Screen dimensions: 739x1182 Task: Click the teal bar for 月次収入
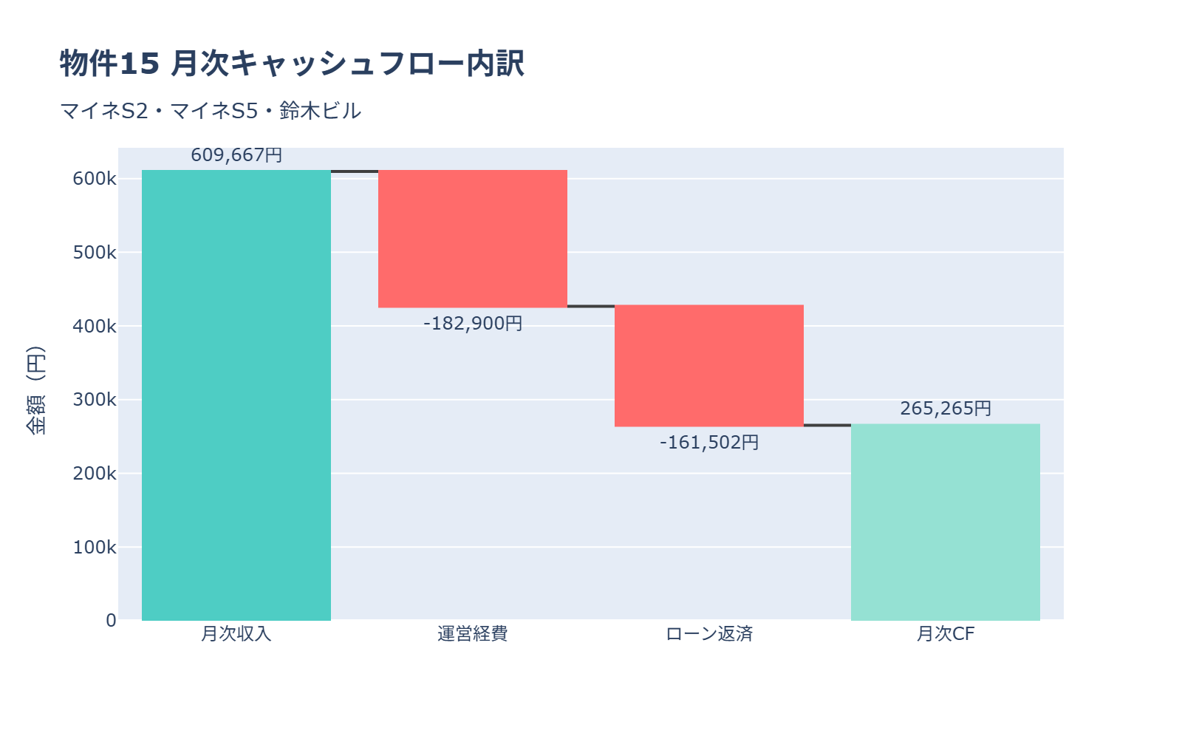[236, 395]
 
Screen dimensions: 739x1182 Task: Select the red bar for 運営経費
[473, 239]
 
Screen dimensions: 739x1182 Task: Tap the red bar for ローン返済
[709, 366]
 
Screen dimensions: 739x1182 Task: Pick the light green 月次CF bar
[946, 522]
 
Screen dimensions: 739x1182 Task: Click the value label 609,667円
[236, 155]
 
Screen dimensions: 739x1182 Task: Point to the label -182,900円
[473, 324]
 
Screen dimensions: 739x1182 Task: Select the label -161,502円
[709, 443]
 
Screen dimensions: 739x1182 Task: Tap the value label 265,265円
[946, 409]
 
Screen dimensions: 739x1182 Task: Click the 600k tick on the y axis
[95, 179]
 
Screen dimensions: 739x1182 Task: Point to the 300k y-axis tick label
[95, 400]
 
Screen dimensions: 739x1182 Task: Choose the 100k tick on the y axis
[95, 548]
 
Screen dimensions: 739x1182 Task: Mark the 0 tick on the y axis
[111, 621]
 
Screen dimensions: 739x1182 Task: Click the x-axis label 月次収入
[236, 634]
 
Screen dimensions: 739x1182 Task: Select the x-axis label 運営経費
[473, 634]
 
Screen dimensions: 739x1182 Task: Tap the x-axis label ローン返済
[709, 634]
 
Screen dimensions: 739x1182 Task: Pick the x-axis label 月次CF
[946, 634]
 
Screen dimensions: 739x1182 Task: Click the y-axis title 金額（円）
[35, 390]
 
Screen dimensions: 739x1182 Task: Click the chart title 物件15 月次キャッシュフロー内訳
[292, 64]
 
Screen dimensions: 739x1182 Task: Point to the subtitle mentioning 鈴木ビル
[211, 111]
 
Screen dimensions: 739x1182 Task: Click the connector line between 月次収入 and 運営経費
[355, 171]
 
